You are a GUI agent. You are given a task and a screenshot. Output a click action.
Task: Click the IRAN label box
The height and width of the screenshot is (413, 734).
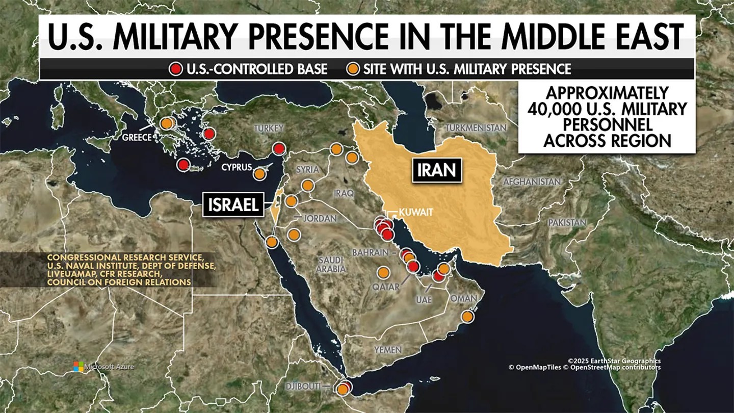pos(436,170)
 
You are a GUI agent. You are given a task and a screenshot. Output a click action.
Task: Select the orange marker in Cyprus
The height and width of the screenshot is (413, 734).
pos(259,174)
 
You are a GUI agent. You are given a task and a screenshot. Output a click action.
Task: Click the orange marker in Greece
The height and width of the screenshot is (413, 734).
pos(166,123)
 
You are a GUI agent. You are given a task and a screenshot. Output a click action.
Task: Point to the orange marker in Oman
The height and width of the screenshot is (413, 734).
pos(467,317)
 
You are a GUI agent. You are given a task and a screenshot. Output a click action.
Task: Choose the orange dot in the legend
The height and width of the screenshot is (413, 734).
pos(352,69)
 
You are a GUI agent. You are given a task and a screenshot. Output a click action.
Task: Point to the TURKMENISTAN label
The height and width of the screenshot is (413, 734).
pos(476,127)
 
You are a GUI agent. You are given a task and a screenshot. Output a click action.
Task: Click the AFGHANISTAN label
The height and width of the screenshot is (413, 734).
pos(532,182)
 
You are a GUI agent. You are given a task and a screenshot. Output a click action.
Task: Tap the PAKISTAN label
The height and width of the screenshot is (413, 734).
pos(567,222)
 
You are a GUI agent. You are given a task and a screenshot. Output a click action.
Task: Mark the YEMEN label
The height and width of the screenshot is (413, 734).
pos(387,350)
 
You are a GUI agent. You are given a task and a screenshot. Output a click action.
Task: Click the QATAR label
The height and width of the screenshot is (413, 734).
pos(386,287)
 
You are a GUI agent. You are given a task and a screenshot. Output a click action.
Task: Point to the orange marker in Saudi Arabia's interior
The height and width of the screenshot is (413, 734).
pos(383,273)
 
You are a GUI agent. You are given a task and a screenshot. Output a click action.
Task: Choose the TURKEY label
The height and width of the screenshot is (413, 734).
pos(268,128)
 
